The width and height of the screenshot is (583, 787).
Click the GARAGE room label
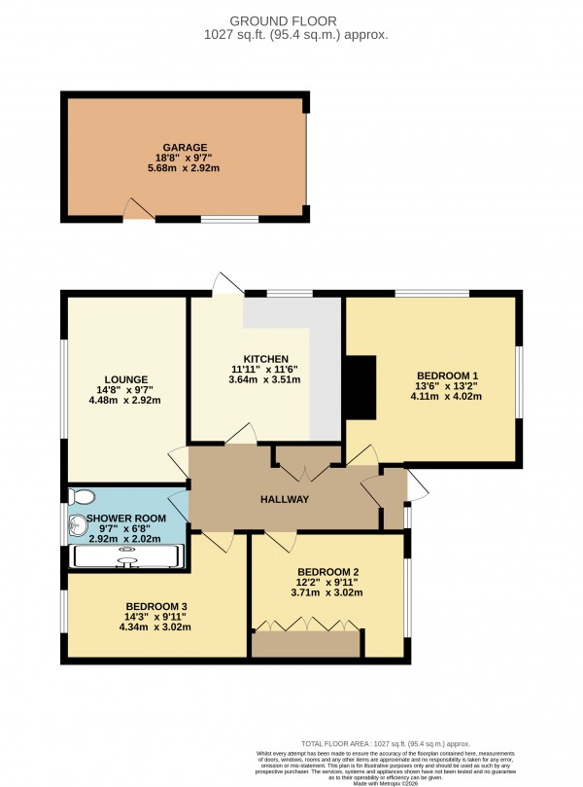coord(185,148)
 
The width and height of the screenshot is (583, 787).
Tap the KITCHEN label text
coord(264,358)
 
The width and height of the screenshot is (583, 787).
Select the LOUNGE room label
coord(125,378)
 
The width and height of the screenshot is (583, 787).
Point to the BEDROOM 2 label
coord(327,570)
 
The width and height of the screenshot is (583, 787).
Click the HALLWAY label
coord(284,499)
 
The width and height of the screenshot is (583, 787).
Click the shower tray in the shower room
coord(126,555)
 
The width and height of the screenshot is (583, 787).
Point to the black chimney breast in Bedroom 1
coord(360,388)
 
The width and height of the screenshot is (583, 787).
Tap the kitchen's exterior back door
coord(226,283)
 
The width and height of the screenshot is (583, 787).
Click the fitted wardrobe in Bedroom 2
coord(304,642)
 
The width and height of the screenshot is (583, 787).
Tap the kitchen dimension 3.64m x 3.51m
coord(264,380)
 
